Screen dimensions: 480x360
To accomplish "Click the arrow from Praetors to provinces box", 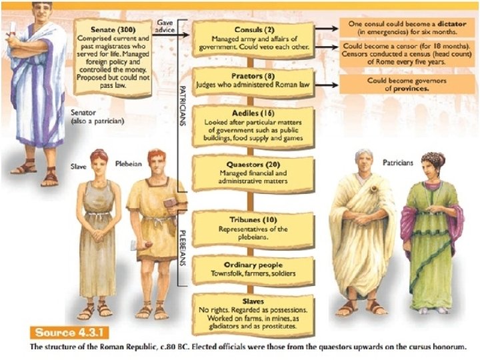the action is tap(326, 85).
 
